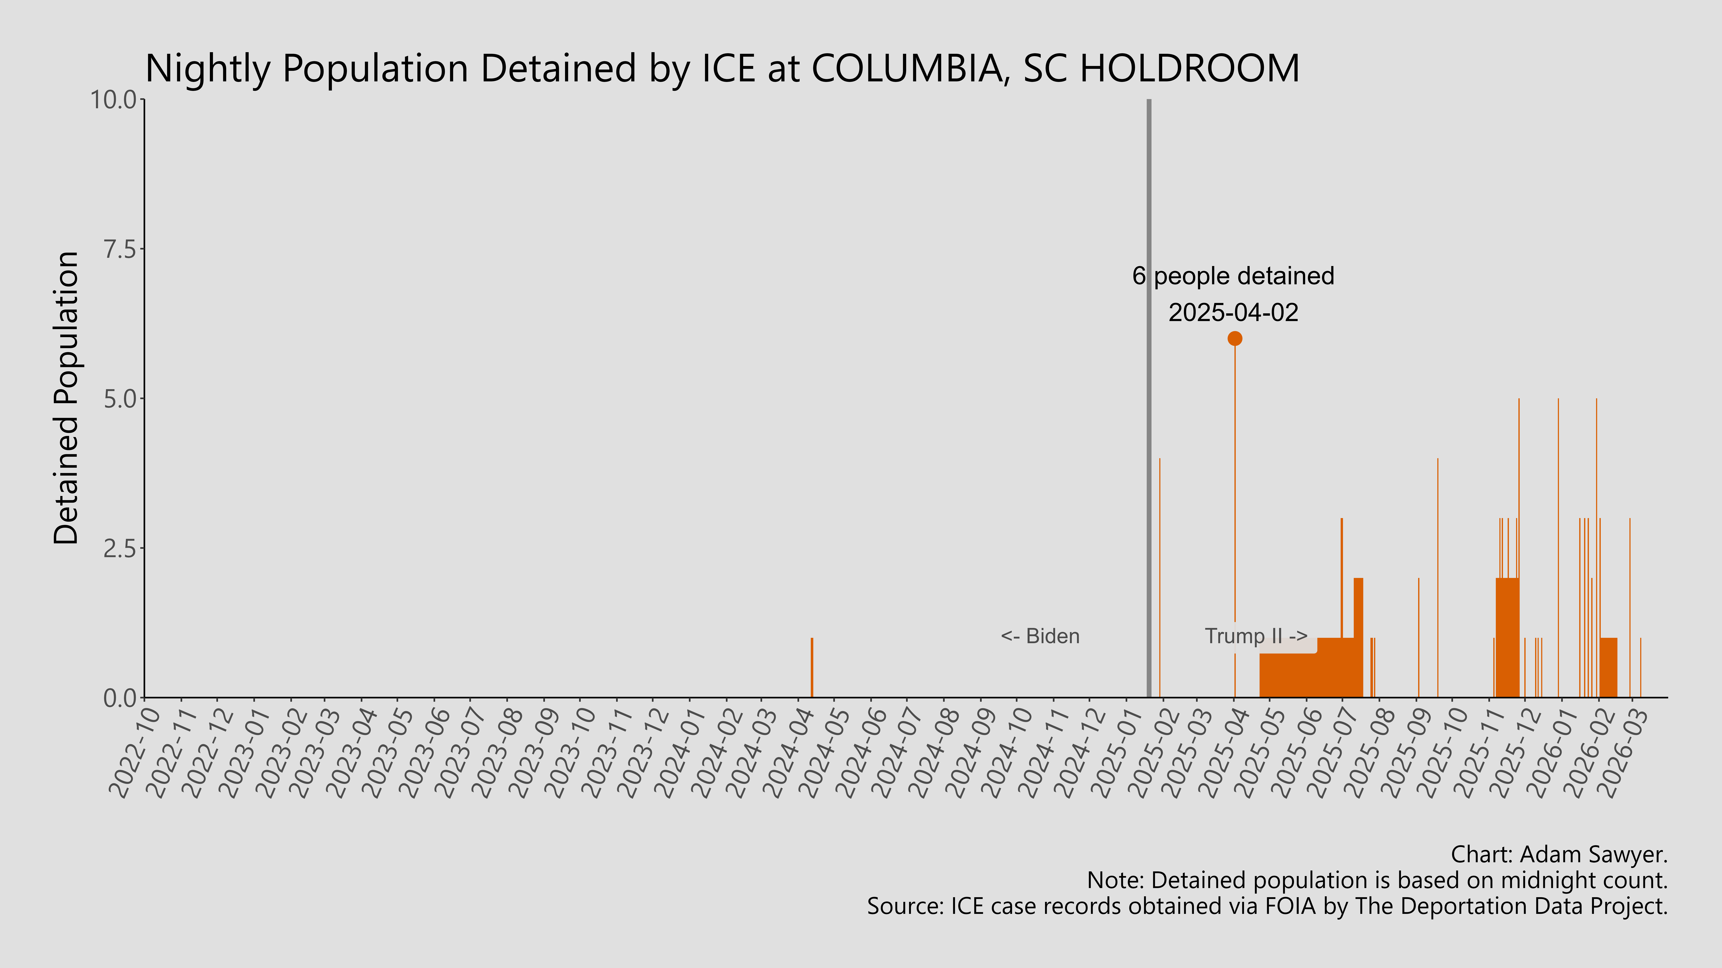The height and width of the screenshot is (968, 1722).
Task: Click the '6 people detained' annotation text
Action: pos(1233,276)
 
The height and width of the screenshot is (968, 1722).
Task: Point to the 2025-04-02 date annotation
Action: pos(1233,313)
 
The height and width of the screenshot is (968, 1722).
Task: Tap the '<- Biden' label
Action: pos(1040,636)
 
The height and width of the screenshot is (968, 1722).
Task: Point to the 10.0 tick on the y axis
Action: pos(117,100)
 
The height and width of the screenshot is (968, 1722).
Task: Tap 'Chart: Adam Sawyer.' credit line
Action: pos(1559,854)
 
